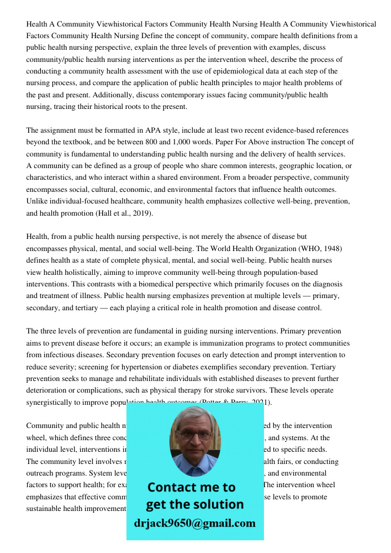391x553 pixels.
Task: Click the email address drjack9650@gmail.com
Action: pos(194,523)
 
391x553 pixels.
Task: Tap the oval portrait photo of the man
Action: pos(194,441)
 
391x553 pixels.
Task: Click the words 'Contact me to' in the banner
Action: pos(191,487)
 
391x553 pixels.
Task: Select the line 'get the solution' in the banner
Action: pos(194,504)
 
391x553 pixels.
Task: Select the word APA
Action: pos(153,131)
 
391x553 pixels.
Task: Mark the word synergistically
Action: pos(52,403)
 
